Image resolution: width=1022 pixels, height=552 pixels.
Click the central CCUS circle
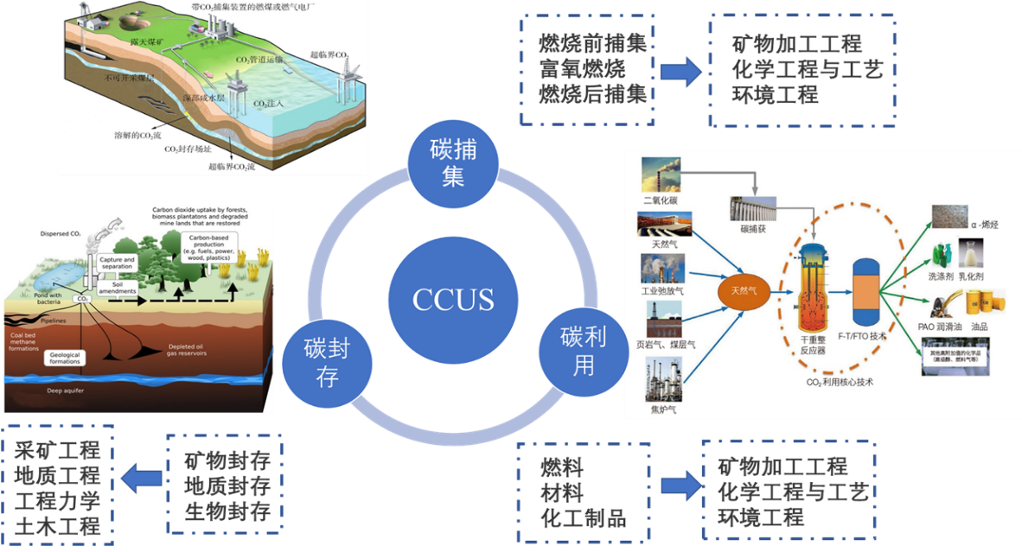click(453, 299)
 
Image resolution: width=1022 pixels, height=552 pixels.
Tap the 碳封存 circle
click(326, 360)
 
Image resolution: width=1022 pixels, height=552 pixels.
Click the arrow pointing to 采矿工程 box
click(142, 478)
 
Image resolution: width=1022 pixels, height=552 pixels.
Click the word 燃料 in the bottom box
click(563, 468)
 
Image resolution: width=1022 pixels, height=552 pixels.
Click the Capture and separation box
click(117, 263)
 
